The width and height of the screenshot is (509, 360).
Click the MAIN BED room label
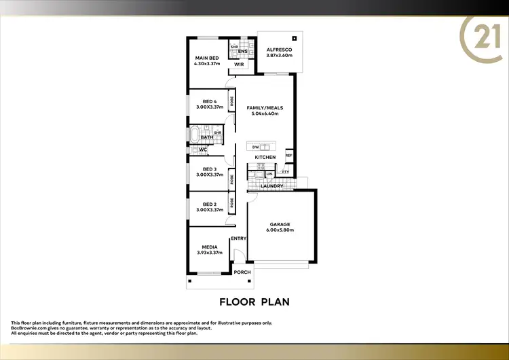[207, 58]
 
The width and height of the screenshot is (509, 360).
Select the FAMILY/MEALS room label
[265, 108]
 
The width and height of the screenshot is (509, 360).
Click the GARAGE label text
[280, 224]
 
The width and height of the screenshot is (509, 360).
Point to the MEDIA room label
[209, 248]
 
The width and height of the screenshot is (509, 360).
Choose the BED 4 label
[209, 101]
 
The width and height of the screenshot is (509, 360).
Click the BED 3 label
[209, 169]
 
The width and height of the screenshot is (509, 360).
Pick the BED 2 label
[209, 204]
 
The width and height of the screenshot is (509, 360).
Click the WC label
[203, 149]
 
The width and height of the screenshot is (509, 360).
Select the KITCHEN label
[265, 158]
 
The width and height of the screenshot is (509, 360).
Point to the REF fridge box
[288, 156]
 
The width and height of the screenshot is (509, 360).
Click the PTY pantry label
[286, 173]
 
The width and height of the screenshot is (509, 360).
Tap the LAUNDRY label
[271, 185]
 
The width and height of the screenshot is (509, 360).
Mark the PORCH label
[242, 272]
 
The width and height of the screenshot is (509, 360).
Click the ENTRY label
[238, 238]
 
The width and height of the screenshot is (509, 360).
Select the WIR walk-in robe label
[239, 65]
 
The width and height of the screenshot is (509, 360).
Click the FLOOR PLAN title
[254, 300]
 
